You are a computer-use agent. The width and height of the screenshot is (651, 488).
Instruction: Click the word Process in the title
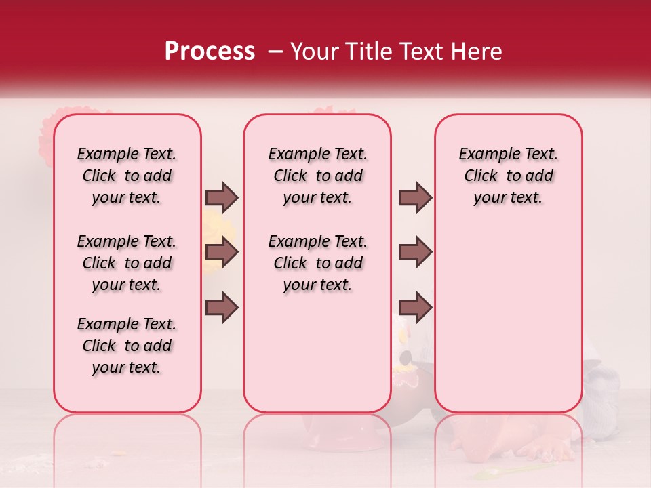tap(209, 52)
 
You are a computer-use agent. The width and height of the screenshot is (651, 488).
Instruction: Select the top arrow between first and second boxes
tap(222, 197)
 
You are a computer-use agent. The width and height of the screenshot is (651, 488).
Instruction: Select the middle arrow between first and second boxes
tap(222, 253)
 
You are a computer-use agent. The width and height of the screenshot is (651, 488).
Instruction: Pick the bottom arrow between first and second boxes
tap(222, 308)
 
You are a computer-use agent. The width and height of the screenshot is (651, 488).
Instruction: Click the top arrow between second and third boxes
tap(415, 197)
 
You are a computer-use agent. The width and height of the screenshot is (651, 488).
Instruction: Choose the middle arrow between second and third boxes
tap(415, 253)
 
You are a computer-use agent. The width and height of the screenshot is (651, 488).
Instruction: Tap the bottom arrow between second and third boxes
tap(415, 308)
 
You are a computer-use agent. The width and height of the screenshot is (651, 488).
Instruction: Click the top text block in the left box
tap(127, 176)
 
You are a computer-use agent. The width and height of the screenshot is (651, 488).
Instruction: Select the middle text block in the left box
tap(127, 263)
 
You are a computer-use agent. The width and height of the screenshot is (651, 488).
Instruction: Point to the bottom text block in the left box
tap(127, 346)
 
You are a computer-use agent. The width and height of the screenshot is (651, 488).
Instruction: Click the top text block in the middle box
tap(317, 176)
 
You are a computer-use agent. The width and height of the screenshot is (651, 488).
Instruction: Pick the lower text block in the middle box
tap(317, 263)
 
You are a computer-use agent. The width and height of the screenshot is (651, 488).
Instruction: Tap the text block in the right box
tap(508, 176)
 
